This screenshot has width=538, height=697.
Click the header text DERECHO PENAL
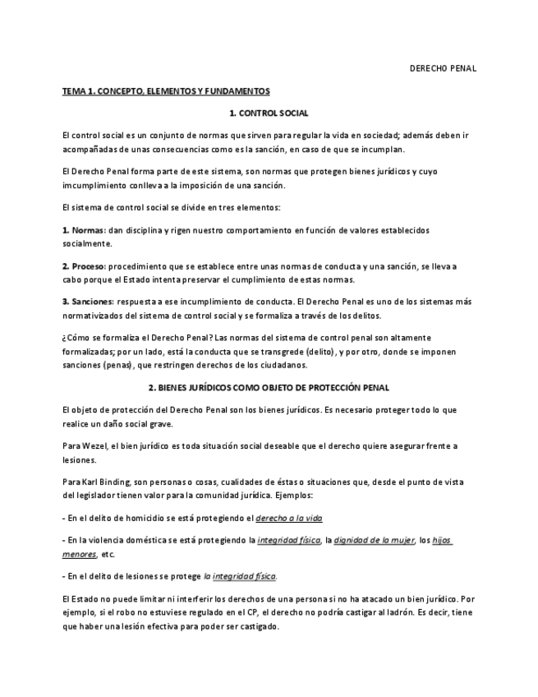tap(443, 68)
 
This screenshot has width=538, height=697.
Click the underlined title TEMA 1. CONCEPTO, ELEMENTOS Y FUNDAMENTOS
tap(166, 91)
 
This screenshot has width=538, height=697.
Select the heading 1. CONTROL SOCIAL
tap(269, 113)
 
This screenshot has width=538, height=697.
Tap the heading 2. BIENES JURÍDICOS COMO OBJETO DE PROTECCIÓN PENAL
tap(269, 387)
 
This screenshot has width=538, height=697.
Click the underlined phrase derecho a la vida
tap(287, 518)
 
